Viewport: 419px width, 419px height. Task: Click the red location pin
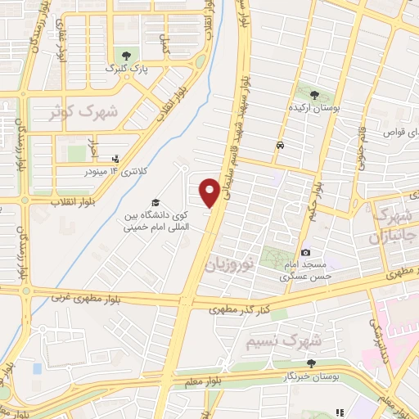point(209,191)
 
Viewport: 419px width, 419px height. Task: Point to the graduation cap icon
point(154,203)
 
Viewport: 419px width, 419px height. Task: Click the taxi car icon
point(281,146)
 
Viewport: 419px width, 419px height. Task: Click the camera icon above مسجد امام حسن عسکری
point(305,253)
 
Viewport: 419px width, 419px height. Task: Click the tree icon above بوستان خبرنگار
point(310,363)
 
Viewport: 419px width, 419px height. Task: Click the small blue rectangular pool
point(37,367)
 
